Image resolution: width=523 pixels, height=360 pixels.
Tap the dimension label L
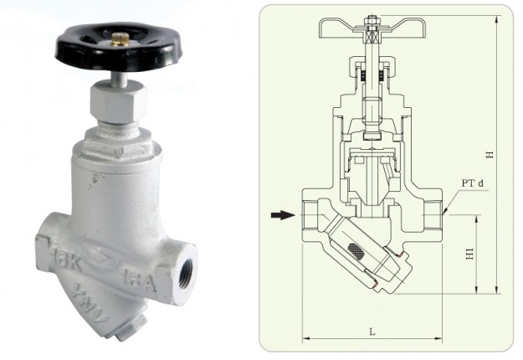371,332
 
